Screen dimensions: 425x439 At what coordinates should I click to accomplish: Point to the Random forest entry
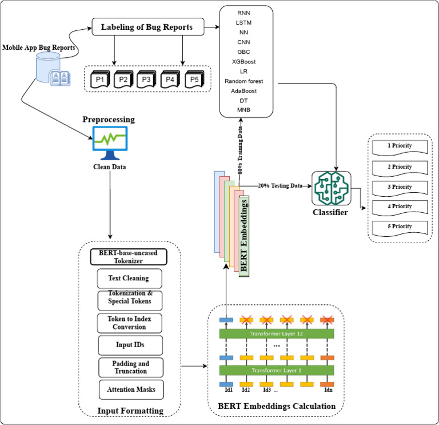click(244, 81)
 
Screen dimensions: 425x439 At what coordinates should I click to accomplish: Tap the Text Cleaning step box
click(129, 279)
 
